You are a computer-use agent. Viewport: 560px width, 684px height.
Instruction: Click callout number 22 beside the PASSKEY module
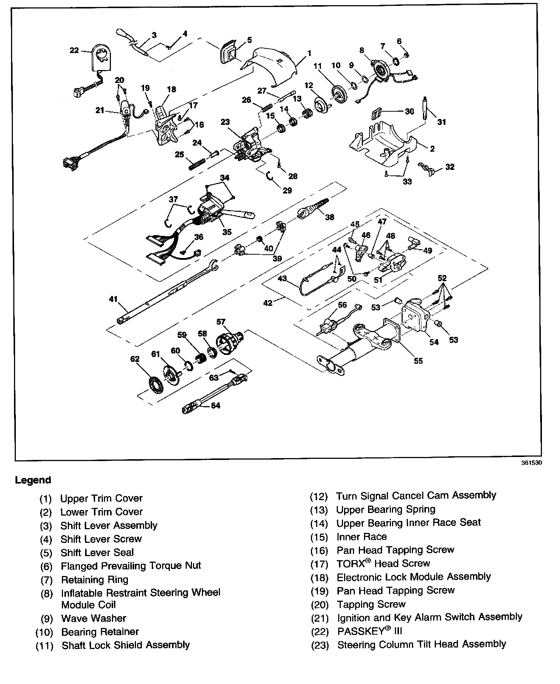pos(74,50)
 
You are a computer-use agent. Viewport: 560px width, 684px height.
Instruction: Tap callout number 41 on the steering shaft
pos(113,299)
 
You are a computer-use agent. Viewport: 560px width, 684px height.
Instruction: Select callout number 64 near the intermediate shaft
pos(215,405)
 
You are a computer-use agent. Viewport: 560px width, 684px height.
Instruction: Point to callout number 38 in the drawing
pos(329,217)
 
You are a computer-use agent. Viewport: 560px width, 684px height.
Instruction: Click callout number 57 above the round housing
pos(220,322)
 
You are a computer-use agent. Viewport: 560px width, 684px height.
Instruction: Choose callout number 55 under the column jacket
pos(418,361)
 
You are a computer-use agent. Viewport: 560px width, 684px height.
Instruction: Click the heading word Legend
pos(33,480)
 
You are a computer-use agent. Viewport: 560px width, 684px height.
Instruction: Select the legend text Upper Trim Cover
pos(101,498)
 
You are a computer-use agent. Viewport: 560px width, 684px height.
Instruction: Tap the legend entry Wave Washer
pos(94,618)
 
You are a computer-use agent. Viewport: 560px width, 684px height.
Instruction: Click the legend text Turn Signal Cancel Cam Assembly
pos(416,496)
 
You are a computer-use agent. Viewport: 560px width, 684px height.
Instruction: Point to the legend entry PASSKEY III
pos(370,631)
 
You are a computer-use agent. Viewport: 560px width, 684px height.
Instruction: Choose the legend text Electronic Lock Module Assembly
pos(414,577)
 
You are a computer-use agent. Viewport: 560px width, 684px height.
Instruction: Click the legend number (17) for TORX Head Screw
pos(319,564)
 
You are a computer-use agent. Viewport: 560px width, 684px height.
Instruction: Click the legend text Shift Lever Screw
pos(101,539)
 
